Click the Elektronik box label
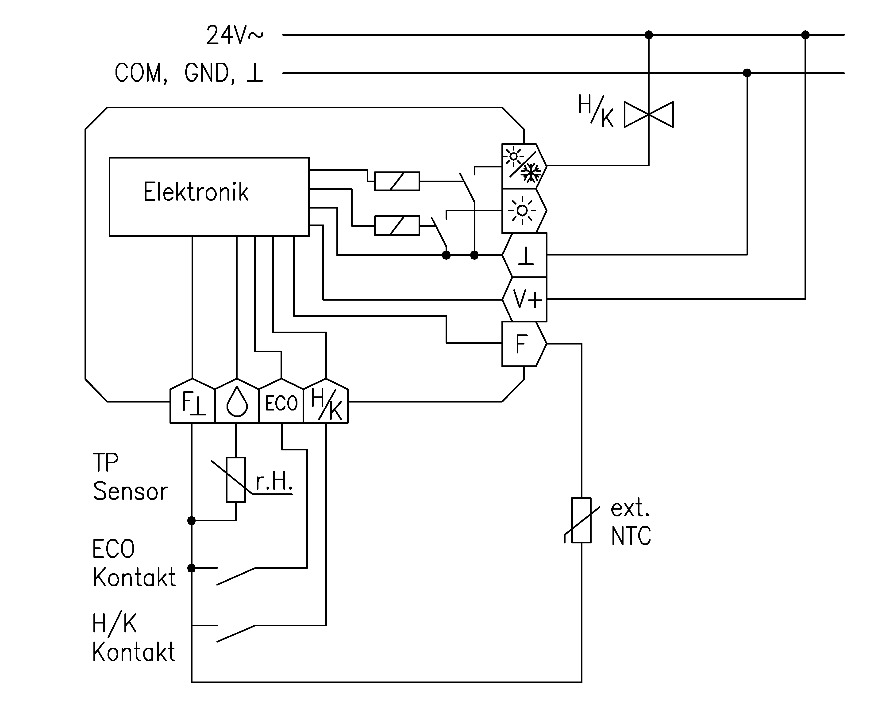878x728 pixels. coord(196,192)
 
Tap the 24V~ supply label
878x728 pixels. coord(235,35)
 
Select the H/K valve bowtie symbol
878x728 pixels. coord(648,114)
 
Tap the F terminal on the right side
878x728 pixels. coord(523,344)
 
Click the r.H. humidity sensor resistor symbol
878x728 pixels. coord(236,480)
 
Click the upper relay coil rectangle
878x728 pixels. coord(397,181)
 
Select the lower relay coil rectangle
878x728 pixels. coord(397,225)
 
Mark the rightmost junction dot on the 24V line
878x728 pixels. coord(805,35)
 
